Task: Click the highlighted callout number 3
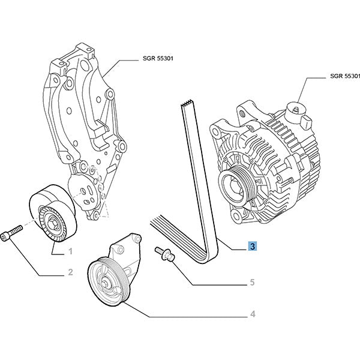coord(253,246)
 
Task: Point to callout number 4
coord(253,313)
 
